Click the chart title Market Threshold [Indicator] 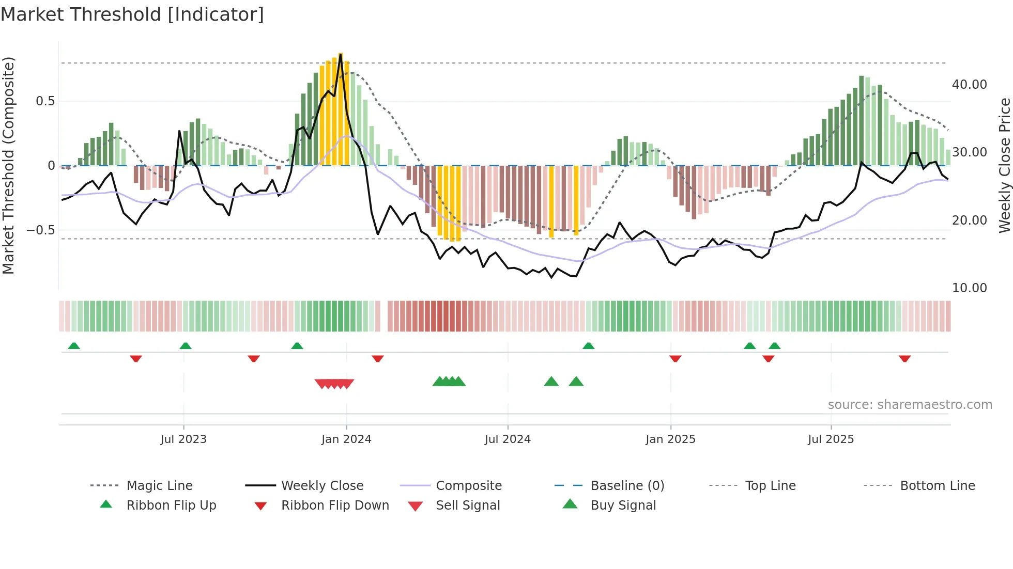pyautogui.click(x=132, y=14)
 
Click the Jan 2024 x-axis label pyautogui.click(x=346, y=439)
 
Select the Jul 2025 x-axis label pyautogui.click(x=831, y=439)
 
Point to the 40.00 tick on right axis pyautogui.click(x=969, y=84)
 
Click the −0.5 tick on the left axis pyautogui.click(x=41, y=230)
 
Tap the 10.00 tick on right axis pyautogui.click(x=969, y=288)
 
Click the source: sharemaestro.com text pyautogui.click(x=910, y=404)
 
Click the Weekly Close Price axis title pyautogui.click(x=1004, y=165)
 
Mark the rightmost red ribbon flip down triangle pyautogui.click(x=904, y=358)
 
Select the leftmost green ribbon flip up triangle pyautogui.click(x=74, y=346)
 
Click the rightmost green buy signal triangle pyautogui.click(x=576, y=382)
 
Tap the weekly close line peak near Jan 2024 pyautogui.click(x=341, y=54)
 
